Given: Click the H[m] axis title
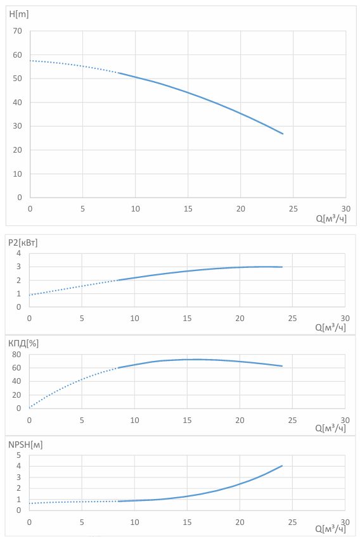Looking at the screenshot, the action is (18, 15).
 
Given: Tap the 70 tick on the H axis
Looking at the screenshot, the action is (17, 31).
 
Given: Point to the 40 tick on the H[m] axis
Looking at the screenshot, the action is (17, 102).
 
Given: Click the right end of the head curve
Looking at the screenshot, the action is (283, 134).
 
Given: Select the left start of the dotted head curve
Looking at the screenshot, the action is (30, 61).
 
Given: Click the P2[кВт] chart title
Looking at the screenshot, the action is (23, 243).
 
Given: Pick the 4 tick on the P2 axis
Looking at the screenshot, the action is (19, 253).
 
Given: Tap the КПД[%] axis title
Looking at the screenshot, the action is (23, 343).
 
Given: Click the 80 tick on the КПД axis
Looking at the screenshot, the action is (16, 355).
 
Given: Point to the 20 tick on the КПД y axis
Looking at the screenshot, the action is (16, 395).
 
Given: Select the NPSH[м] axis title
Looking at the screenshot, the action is (25, 445).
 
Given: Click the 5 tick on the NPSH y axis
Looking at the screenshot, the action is (19, 455).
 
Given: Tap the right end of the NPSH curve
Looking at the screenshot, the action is (282, 466).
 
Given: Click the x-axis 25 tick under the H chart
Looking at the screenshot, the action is (293, 208).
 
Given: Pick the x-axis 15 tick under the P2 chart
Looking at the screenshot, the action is (187, 318).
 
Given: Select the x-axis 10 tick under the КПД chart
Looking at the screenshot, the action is (135, 420).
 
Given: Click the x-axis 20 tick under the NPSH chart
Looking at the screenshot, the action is (240, 522).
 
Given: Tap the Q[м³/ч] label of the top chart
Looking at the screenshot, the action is (331, 218).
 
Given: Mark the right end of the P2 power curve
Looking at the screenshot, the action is (282, 267).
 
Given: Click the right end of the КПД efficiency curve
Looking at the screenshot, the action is (282, 366).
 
